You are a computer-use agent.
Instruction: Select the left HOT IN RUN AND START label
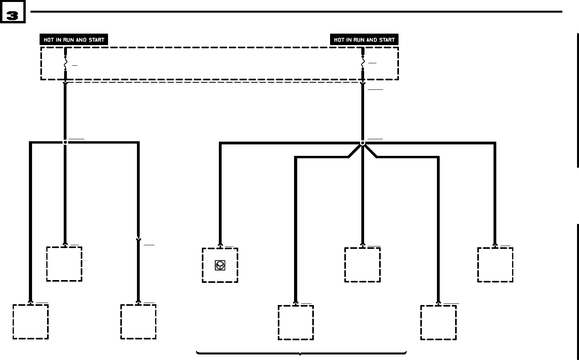[74, 40]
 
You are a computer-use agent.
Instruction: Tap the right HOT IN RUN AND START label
[364, 40]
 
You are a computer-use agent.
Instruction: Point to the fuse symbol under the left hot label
[65, 63]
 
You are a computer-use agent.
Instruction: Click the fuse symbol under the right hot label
[363, 63]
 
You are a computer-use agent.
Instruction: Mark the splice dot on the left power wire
[65, 142]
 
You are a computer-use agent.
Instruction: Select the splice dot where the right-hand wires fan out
[363, 143]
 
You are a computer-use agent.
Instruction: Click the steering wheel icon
[220, 265]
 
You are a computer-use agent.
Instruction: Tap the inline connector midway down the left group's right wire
[138, 239]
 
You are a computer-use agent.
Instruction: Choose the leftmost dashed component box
[30, 321]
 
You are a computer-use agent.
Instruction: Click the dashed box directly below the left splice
[64, 264]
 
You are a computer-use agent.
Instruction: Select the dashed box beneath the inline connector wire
[138, 321]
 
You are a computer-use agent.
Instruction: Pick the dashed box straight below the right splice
[363, 265]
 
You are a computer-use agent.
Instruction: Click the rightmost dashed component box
[495, 265]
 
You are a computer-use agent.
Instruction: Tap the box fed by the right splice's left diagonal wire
[296, 322]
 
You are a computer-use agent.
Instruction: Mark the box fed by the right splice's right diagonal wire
[438, 322]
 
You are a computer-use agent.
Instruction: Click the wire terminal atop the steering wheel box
[220, 246]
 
